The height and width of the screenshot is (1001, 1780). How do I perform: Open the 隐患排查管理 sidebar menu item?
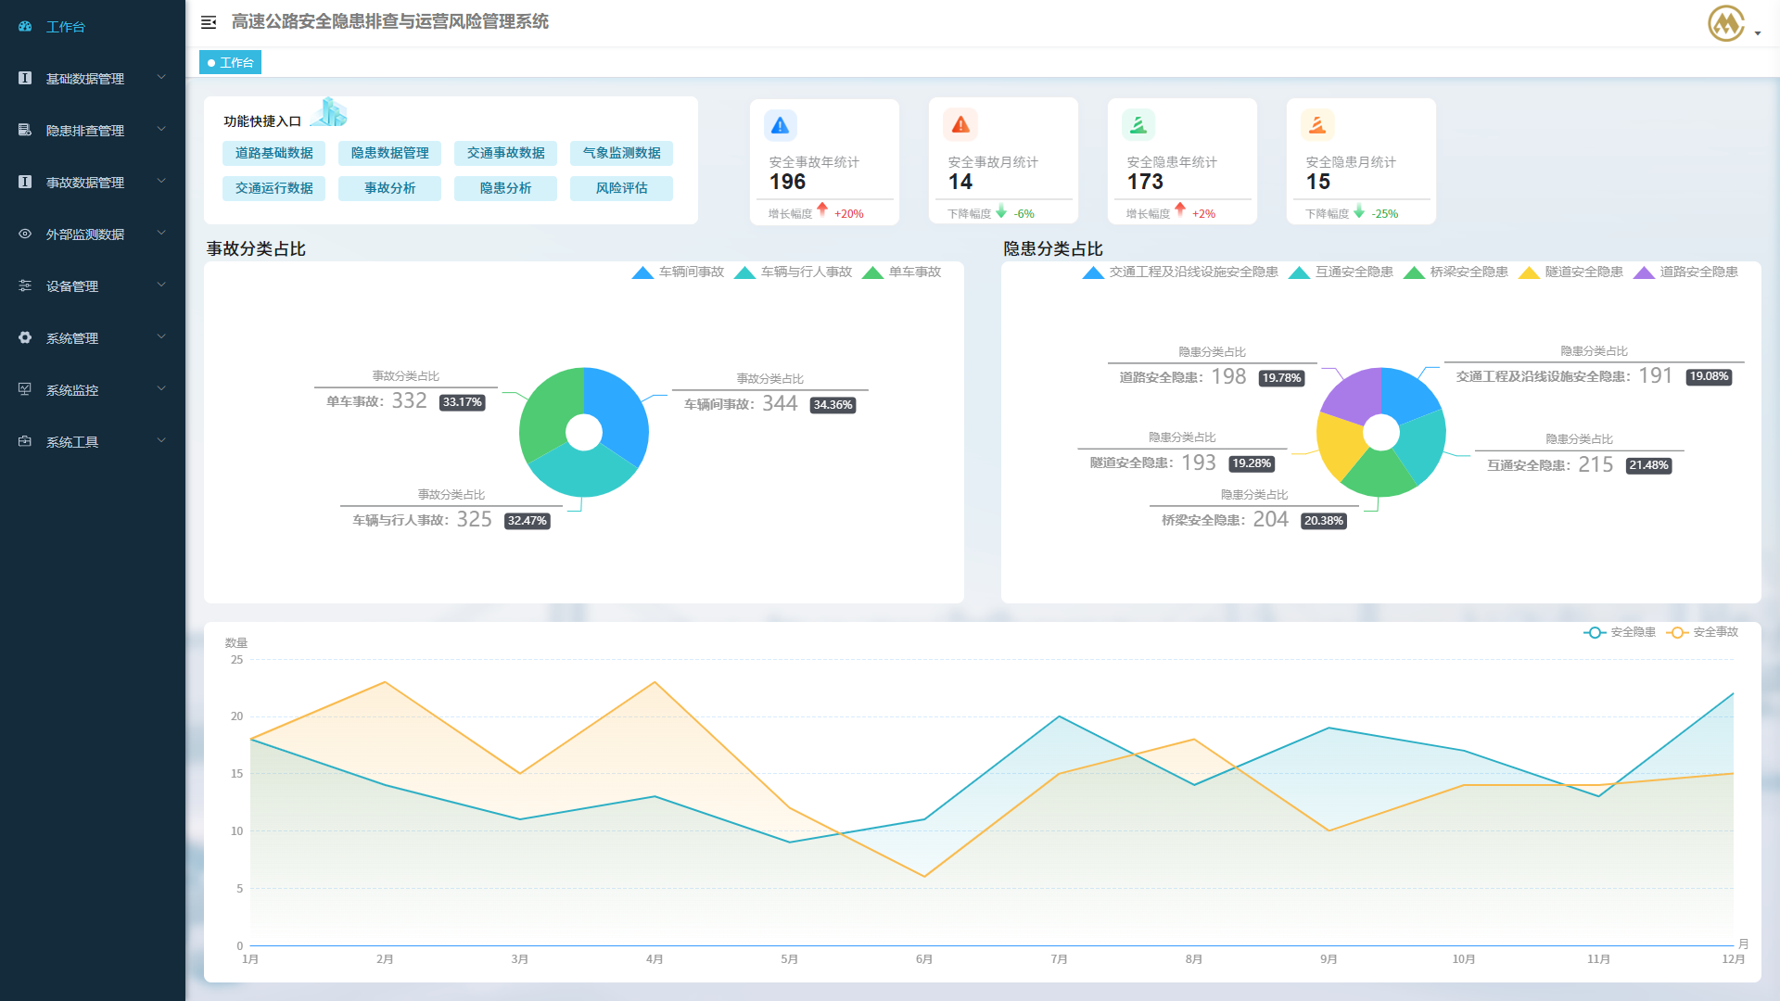click(x=85, y=131)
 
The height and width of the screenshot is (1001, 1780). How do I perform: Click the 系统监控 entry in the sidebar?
click(x=72, y=390)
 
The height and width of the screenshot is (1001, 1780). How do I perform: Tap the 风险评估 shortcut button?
click(x=621, y=188)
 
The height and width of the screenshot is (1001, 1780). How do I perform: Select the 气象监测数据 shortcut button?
click(x=621, y=153)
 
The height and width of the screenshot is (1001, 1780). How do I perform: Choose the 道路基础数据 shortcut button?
click(x=273, y=153)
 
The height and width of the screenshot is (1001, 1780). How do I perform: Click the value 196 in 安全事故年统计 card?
click(x=787, y=182)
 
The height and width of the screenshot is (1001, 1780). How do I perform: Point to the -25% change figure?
click(x=1384, y=214)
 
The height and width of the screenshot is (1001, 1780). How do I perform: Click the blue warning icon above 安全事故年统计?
click(x=780, y=125)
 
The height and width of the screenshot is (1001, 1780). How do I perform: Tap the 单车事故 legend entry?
click(x=902, y=272)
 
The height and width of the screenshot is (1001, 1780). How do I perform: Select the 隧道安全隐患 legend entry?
click(x=1572, y=272)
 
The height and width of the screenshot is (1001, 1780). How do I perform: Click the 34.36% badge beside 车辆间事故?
click(x=833, y=405)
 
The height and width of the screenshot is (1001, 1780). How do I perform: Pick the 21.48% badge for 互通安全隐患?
click(x=1648, y=465)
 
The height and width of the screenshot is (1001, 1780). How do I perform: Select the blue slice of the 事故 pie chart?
click(x=616, y=408)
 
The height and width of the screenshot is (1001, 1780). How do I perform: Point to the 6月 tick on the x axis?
click(x=923, y=959)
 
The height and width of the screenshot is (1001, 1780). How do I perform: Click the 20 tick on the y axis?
click(x=237, y=716)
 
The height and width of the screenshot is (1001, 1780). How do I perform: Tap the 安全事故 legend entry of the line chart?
click(x=1704, y=632)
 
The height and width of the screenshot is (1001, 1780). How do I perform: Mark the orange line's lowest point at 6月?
click(x=923, y=877)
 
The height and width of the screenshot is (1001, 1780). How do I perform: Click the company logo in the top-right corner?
click(x=1726, y=23)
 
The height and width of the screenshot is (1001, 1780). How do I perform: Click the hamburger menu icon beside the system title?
click(x=209, y=22)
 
